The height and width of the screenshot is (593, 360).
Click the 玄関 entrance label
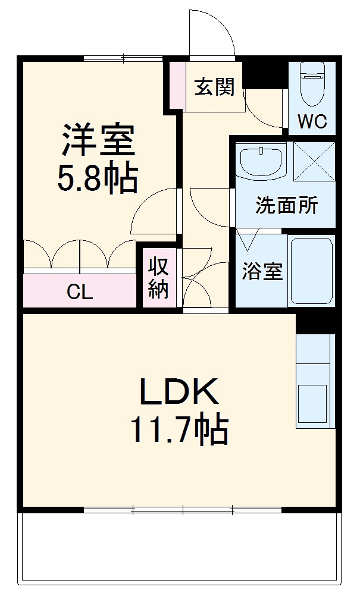pyautogui.click(x=215, y=87)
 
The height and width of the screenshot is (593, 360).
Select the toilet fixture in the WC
pyautogui.click(x=312, y=84)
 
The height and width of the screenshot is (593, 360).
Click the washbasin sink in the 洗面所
pyautogui.click(x=261, y=161)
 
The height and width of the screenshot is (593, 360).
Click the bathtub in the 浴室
pyautogui.click(x=311, y=271)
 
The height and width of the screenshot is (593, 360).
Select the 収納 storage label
pyautogui.click(x=158, y=278)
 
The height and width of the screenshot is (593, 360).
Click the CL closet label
pyautogui.click(x=80, y=291)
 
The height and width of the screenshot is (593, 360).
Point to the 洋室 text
pyautogui.click(x=98, y=139)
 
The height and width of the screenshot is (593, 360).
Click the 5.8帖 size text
pyautogui.click(x=97, y=178)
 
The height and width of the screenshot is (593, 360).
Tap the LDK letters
pyautogui.click(x=179, y=391)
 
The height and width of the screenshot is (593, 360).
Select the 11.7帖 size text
pyautogui.click(x=179, y=429)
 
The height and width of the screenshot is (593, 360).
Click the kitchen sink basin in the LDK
pyautogui.click(x=312, y=404)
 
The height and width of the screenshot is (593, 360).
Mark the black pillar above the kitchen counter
pyautogui.click(x=316, y=324)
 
